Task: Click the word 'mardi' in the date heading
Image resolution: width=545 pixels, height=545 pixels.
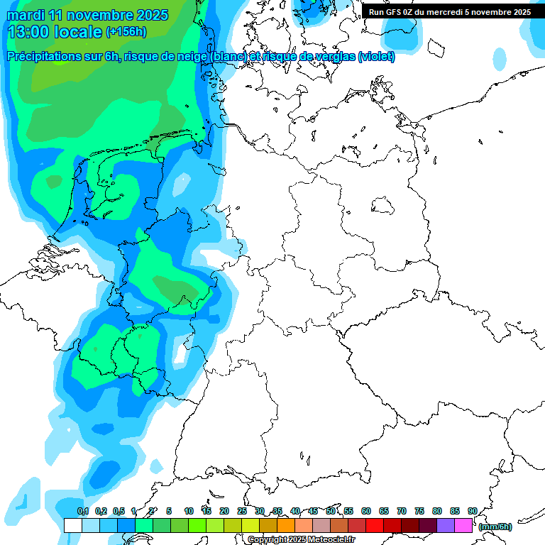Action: pyautogui.click(x=27, y=15)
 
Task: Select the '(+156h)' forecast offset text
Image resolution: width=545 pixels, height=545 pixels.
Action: pyautogui.click(x=126, y=32)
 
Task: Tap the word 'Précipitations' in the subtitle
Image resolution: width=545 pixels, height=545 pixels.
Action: pyautogui.click(x=43, y=57)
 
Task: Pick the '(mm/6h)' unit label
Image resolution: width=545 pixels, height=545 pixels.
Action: pyautogui.click(x=495, y=527)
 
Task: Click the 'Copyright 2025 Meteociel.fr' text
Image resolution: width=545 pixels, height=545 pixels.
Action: pyautogui.click(x=302, y=539)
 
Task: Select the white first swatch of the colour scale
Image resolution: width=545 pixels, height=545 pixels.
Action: pyautogui.click(x=72, y=525)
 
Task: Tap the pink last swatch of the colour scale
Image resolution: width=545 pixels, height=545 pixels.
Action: pyautogui.click(x=463, y=525)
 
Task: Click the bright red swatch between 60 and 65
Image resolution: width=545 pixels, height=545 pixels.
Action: pyautogui.click(x=375, y=525)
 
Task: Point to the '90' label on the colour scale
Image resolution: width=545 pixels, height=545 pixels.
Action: pyautogui.click(x=472, y=511)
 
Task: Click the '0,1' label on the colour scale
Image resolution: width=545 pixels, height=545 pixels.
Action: pyautogui.click(x=83, y=511)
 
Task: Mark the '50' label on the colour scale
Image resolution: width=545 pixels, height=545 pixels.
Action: pyautogui.click(x=331, y=511)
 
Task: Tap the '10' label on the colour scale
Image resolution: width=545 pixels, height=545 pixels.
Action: pyautogui.click(x=189, y=511)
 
